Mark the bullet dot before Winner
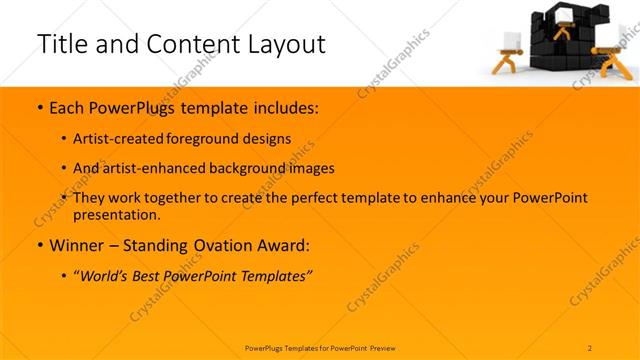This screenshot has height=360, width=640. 39,245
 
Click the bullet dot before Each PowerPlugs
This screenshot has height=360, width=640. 39,107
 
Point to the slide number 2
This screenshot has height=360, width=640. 590,348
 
